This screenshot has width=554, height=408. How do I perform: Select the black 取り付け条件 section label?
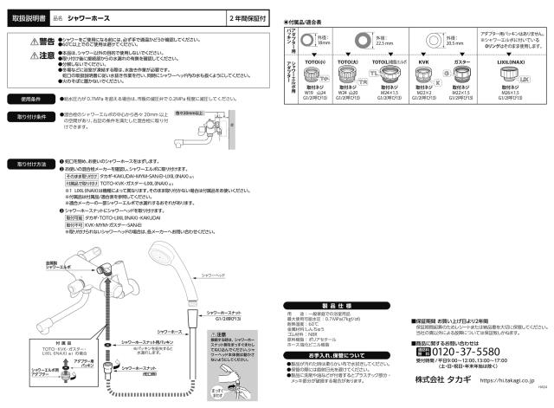coord(31,116)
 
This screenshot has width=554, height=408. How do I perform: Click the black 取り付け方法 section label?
coord(31,163)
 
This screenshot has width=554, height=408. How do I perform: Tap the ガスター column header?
coord(461,63)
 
